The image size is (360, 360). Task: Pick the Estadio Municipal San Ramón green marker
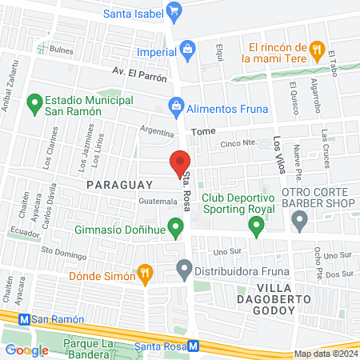coord(34,104)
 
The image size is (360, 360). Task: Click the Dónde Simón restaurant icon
coord(144,274)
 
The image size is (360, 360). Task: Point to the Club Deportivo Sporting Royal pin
coord(256,227)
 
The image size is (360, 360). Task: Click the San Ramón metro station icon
coord(24,319)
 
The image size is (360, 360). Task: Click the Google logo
coord(26,350)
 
